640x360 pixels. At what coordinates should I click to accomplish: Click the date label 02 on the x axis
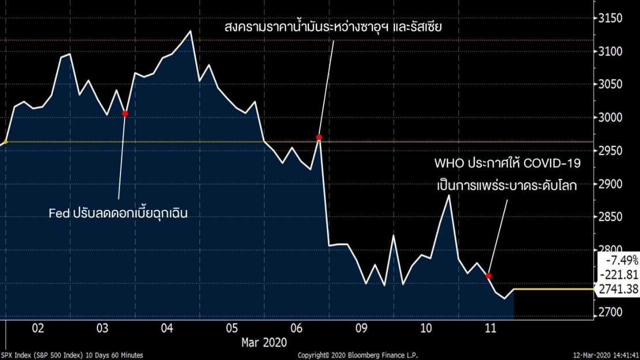[38, 328]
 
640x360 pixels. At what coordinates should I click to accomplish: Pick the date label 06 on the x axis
[297, 328]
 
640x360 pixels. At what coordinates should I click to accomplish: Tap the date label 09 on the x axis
[362, 328]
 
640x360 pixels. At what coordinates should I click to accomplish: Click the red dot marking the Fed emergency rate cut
[125, 114]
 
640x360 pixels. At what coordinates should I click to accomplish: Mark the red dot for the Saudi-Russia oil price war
[319, 137]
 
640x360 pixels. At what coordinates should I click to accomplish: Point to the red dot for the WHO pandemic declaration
[488, 276]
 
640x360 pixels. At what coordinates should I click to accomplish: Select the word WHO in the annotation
[448, 164]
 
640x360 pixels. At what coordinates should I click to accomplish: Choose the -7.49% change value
[622, 259]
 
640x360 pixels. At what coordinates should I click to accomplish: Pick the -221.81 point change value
[620, 274]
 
